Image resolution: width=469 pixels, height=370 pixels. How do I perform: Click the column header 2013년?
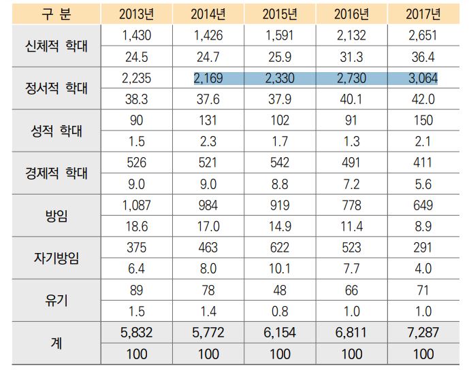[135, 13]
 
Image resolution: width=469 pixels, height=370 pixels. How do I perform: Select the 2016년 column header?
[351, 13]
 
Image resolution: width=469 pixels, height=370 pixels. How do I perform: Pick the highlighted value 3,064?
[423, 78]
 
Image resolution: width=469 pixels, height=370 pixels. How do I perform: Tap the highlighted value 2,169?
[208, 78]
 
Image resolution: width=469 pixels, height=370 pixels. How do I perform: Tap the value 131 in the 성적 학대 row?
[208, 120]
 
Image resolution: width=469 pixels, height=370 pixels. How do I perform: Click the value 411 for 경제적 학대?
[423, 164]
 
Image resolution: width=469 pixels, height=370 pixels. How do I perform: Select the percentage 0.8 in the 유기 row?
[280, 312]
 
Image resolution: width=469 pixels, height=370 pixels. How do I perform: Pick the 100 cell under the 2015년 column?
[280, 354]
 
